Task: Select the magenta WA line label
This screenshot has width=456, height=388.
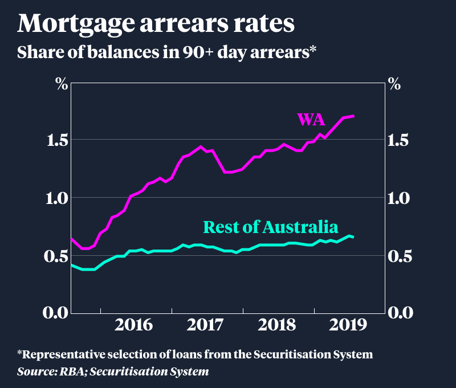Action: point(311,120)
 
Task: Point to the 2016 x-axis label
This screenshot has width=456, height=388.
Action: point(133,325)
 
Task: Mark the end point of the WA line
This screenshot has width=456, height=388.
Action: point(354,116)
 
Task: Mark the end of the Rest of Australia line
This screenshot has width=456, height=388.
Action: point(354,237)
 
